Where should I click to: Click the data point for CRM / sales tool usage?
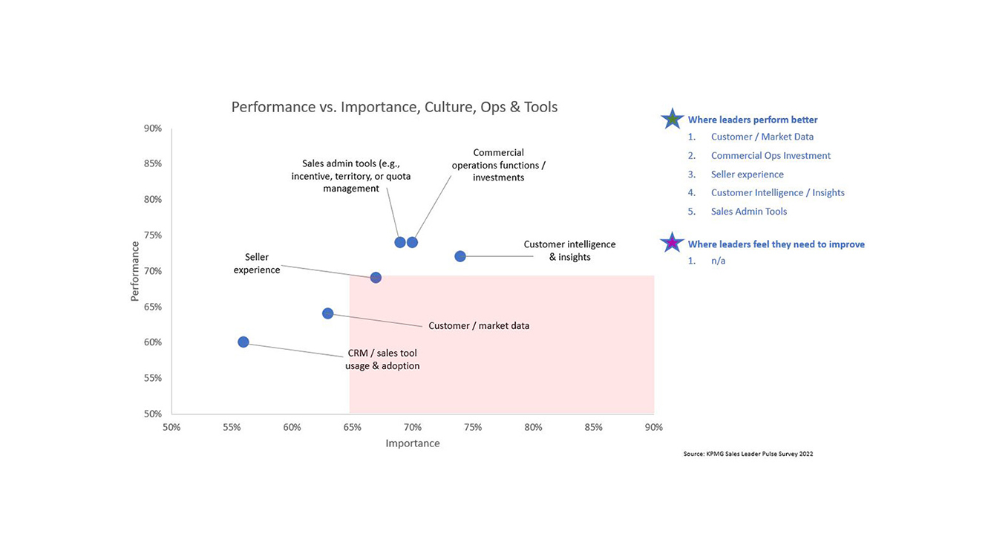click(243, 342)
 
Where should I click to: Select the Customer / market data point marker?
click(328, 313)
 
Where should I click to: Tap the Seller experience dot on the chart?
click(376, 278)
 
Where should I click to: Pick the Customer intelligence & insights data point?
click(460, 256)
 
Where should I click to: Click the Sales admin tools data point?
click(400, 242)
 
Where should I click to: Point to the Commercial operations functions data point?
click(413, 242)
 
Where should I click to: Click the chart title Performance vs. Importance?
click(394, 107)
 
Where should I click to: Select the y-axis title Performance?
click(135, 271)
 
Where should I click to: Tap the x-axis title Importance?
click(413, 443)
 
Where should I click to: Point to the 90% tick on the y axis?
click(153, 128)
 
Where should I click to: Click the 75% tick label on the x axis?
click(473, 428)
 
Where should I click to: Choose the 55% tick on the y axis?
click(153, 378)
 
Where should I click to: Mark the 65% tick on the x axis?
click(353, 428)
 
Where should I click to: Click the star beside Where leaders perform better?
click(672, 119)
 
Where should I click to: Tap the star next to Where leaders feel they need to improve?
click(672, 243)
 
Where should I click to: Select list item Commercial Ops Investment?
click(771, 156)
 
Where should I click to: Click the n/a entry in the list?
click(718, 261)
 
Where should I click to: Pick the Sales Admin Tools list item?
click(748, 212)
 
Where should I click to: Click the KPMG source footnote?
click(748, 454)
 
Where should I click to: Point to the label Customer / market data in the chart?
click(479, 325)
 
